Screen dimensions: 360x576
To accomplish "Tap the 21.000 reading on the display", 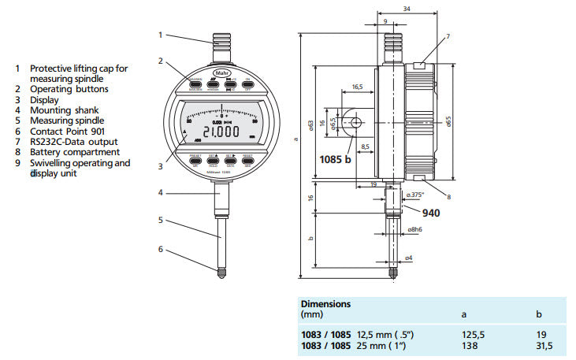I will tap(214, 132).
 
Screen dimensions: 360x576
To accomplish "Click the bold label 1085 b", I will tap(335, 159).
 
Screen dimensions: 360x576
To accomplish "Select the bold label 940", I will tap(431, 213).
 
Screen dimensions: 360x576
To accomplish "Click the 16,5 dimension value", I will tap(357, 86).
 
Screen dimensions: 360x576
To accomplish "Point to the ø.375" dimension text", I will tap(414, 194).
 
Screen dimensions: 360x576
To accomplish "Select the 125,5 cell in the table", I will tap(473, 333).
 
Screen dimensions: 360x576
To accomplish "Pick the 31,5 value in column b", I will tap(543, 344).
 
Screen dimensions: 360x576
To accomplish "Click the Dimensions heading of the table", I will tap(325, 302).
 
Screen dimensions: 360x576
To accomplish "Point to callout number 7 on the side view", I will tap(447, 36).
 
